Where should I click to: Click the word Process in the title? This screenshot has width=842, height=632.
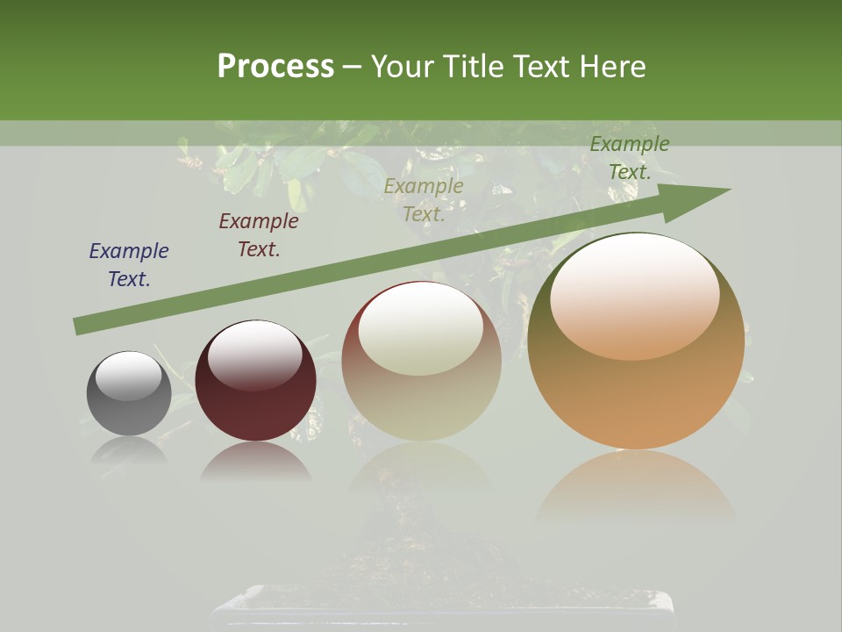pyautogui.click(x=275, y=67)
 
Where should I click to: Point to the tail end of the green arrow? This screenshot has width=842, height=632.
pyautogui.click(x=79, y=326)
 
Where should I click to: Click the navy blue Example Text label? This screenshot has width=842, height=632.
pyautogui.click(x=129, y=265)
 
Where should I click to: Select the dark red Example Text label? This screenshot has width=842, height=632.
pyautogui.click(x=259, y=235)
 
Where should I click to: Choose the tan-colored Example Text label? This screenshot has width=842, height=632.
pyautogui.click(x=424, y=200)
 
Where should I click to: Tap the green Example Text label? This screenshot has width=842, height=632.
pyautogui.click(x=630, y=158)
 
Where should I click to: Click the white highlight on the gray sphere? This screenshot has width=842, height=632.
pyautogui.click(x=129, y=375)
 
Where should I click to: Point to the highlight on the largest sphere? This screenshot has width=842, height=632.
pyautogui.click(x=634, y=295)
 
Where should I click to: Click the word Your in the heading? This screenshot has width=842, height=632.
pyautogui.click(x=404, y=67)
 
